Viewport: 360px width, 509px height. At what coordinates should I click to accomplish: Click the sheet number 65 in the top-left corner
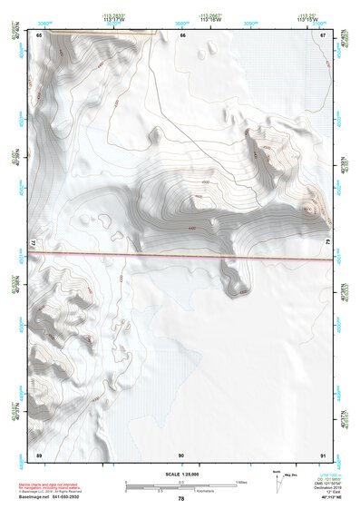[39, 34]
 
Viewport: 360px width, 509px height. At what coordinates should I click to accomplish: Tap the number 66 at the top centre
[182, 34]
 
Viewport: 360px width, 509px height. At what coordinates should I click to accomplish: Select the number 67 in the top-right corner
[323, 34]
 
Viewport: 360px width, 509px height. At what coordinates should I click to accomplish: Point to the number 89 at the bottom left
[39, 454]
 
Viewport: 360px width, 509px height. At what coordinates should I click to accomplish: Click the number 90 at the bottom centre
[181, 454]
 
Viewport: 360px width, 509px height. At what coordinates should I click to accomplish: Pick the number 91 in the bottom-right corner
[323, 454]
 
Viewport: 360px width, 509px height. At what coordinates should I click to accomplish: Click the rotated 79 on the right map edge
[328, 243]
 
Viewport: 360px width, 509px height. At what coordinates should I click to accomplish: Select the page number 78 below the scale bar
[181, 498]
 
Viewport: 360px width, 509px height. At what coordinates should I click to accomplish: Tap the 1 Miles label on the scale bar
[240, 482]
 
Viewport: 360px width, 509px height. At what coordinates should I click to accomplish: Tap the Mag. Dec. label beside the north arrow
[293, 474]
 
